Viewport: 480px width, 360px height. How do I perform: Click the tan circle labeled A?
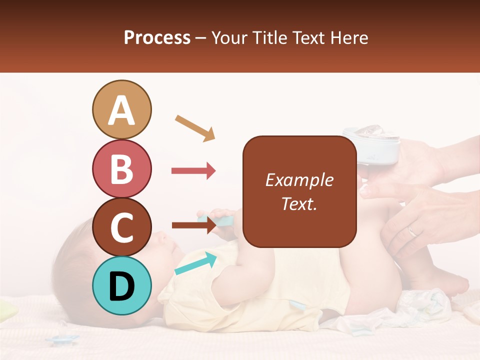(121, 109)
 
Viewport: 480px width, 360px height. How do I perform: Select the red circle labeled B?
(121, 168)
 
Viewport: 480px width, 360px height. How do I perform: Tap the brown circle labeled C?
(121, 227)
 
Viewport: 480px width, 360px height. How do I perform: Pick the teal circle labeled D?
(121, 286)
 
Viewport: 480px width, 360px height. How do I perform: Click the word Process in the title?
(157, 37)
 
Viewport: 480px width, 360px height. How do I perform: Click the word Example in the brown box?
(299, 180)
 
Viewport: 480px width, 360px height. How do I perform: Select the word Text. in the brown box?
(299, 204)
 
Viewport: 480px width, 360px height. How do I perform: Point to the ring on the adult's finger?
(411, 231)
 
